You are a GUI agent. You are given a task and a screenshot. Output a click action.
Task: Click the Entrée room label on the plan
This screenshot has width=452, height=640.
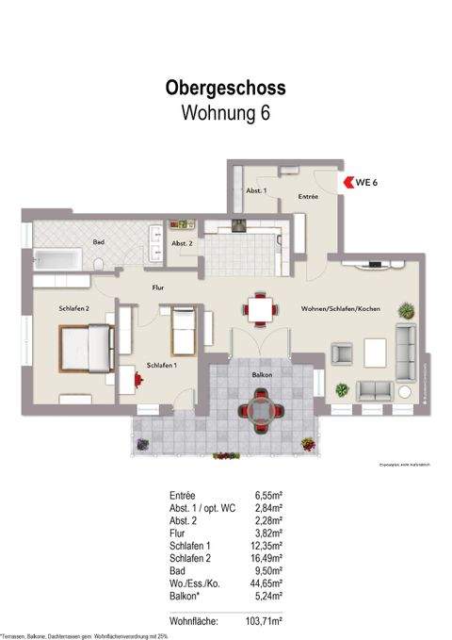[x=308, y=197]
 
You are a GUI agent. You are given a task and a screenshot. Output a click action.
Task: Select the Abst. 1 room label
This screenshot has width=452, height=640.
[x=256, y=190]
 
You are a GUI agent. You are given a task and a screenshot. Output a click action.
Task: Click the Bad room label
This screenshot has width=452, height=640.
[x=98, y=242]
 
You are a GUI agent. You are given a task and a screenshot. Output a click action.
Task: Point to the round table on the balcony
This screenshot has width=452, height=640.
[x=259, y=408]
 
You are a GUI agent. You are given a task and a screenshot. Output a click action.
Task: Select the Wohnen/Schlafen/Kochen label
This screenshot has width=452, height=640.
[x=340, y=310]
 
